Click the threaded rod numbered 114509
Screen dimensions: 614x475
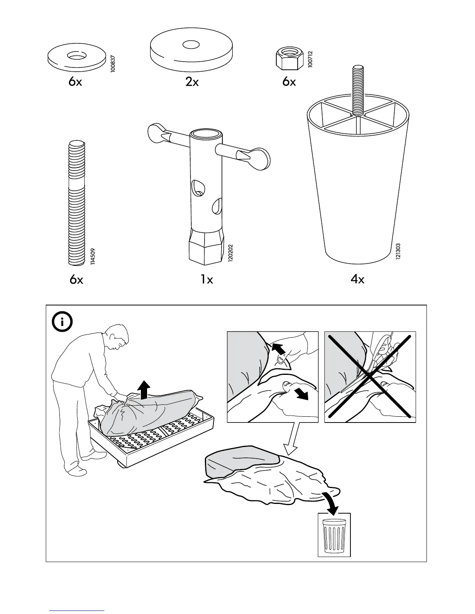coord(77,204)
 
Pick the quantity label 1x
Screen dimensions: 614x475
coord(207,279)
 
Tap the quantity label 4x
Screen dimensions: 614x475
coord(357,279)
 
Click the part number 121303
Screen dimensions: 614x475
coord(398,252)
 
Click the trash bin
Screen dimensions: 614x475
coord(334,535)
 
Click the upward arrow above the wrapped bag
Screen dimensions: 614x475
coord(144,389)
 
